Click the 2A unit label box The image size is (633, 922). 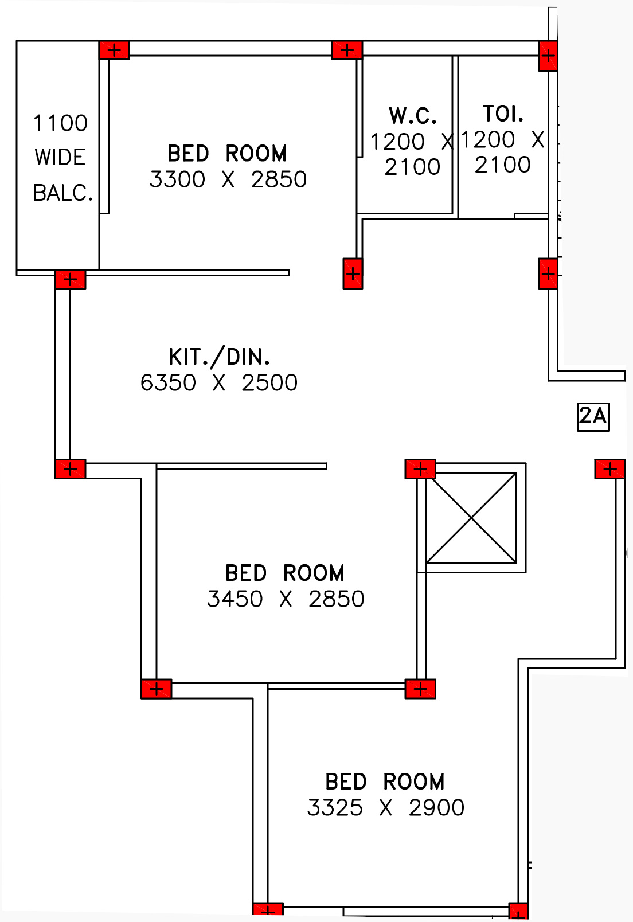pyautogui.click(x=593, y=416)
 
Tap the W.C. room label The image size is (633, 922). pyautogui.click(x=413, y=116)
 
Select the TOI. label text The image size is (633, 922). pyautogui.click(x=503, y=114)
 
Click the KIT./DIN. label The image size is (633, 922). pyautogui.click(x=219, y=357)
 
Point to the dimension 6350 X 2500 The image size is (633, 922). pyautogui.click(x=219, y=382)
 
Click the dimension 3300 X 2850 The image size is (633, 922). pyautogui.click(x=228, y=179)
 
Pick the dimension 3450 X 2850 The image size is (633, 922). pyautogui.click(x=286, y=599)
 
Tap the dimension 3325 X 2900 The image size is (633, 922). pyautogui.click(x=385, y=808)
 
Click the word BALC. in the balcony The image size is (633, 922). pyautogui.click(x=62, y=193)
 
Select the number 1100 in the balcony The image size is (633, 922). pyautogui.click(x=60, y=123)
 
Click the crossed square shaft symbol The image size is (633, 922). pyautogui.click(x=471, y=518)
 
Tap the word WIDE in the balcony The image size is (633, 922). pyautogui.click(x=60, y=158)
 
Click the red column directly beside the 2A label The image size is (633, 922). pyautogui.click(x=609, y=469)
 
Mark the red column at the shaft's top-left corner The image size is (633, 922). pyautogui.click(x=420, y=469)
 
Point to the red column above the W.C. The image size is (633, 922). pyautogui.click(x=347, y=50)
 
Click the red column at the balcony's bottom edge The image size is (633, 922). pyautogui.click(x=71, y=279)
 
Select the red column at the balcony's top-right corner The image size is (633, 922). pyautogui.click(x=114, y=50)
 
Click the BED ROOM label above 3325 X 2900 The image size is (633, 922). pyautogui.click(x=385, y=782)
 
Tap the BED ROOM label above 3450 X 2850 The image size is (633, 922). pyautogui.click(x=285, y=573)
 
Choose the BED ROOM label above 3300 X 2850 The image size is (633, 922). pyautogui.click(x=227, y=154)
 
